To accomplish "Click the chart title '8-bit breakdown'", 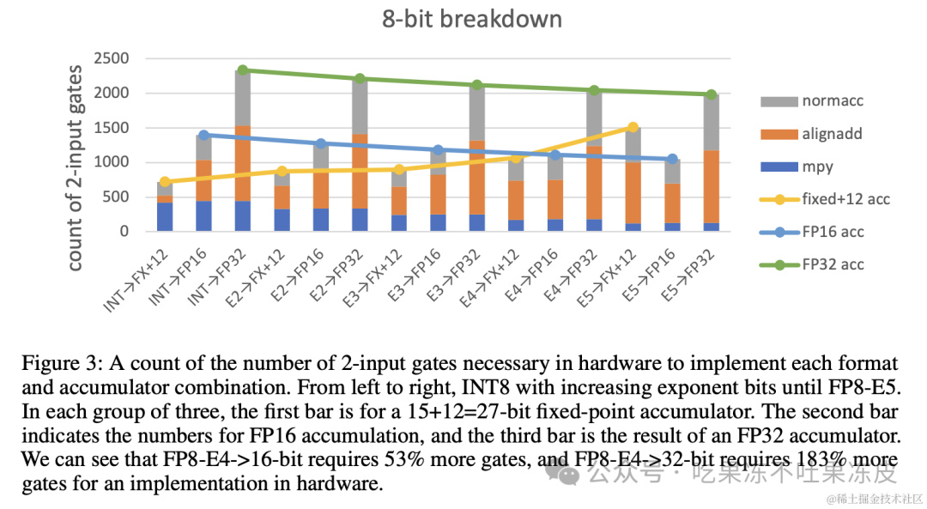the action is (x=472, y=19).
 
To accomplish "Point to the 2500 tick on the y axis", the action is (x=111, y=58).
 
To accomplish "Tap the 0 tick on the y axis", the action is (x=124, y=231).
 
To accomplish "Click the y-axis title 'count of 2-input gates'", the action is (x=75, y=168).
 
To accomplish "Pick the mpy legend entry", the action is (x=797, y=167).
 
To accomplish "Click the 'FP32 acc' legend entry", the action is (x=812, y=265).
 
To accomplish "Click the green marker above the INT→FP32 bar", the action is (x=242, y=70).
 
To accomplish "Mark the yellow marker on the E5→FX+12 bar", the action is (x=633, y=127).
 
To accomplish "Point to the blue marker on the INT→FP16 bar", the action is (x=203, y=136).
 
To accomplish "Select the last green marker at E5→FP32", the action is (x=712, y=94).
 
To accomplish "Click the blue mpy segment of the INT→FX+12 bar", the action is (x=164, y=217).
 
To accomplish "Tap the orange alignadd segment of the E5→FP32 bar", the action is (x=712, y=187).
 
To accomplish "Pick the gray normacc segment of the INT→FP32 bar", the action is (x=242, y=98).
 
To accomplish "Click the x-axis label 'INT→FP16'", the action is (x=178, y=277).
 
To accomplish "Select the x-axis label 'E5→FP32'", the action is (x=686, y=276).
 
